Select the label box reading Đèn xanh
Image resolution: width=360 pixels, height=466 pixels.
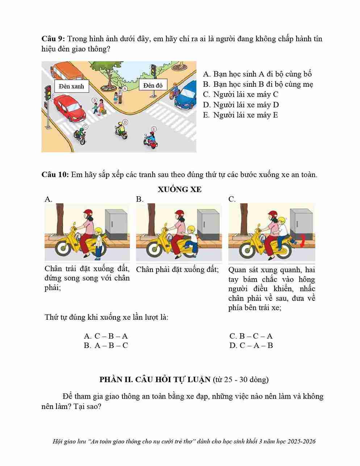point(72,86)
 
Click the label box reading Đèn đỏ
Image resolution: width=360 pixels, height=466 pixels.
point(153,85)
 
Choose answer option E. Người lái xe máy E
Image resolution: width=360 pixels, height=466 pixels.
point(240,115)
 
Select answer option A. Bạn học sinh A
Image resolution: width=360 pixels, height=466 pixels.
point(257,74)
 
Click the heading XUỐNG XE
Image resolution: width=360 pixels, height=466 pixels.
point(180,189)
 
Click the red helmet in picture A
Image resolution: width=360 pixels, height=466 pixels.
point(88,213)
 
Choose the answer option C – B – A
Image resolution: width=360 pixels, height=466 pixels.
point(106,336)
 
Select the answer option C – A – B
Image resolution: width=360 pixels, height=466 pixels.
point(251,345)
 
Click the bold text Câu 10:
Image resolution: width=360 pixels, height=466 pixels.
point(55,175)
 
